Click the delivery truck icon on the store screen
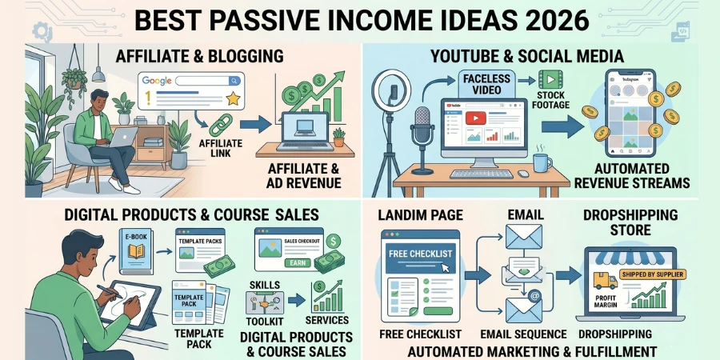606,281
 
